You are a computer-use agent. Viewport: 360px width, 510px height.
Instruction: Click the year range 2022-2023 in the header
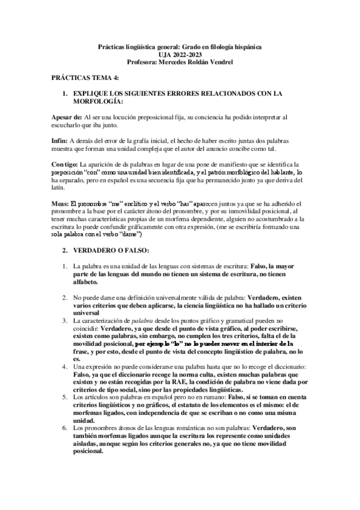pyautogui.click(x=191, y=54)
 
